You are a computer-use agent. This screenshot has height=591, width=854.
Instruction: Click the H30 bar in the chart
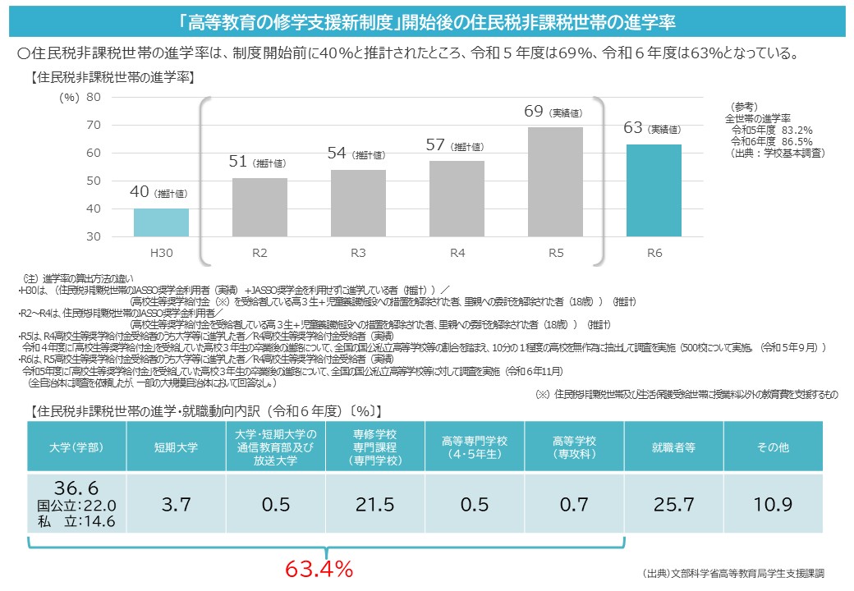pyautogui.click(x=161, y=222)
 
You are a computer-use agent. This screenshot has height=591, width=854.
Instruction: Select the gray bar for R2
pyautogui.click(x=259, y=207)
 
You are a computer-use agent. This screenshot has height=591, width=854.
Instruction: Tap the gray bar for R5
pyautogui.click(x=555, y=181)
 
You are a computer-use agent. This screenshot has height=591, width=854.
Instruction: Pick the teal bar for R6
pyautogui.click(x=654, y=190)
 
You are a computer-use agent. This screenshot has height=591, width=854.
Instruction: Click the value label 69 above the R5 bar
pyautogui.click(x=534, y=111)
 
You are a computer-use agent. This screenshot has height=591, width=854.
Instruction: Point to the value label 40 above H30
pyautogui.click(x=140, y=192)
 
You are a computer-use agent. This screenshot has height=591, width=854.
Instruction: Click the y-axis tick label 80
pyautogui.click(x=93, y=97)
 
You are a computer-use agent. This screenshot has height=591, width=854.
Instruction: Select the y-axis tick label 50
pyautogui.click(x=93, y=181)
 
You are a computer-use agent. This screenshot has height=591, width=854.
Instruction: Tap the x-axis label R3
pyautogui.click(x=358, y=253)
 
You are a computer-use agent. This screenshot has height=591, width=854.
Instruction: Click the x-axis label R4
pyautogui.click(x=457, y=253)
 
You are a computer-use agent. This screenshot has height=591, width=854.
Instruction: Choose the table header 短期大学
pyautogui.click(x=176, y=447)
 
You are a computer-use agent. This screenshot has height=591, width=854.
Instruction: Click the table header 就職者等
pyautogui.click(x=673, y=447)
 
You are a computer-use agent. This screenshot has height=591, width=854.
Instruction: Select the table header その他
pyautogui.click(x=772, y=447)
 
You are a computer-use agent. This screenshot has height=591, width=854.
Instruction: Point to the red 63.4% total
pyautogui.click(x=319, y=569)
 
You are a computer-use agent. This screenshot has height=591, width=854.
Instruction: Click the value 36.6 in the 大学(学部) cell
pyautogui.click(x=77, y=488)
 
